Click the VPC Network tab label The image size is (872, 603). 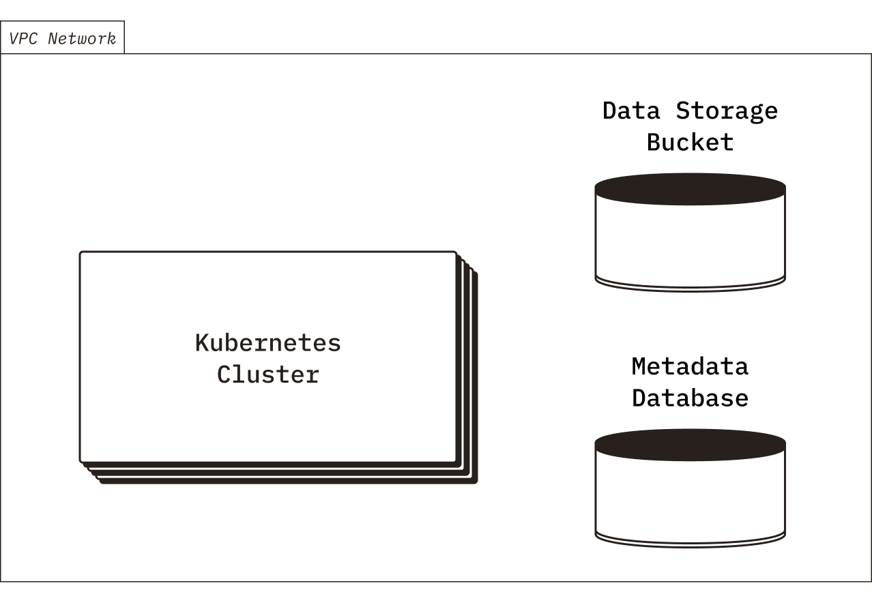click(x=62, y=38)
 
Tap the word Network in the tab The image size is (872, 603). click(x=82, y=38)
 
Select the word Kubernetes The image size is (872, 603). click(x=267, y=342)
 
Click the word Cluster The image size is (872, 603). click(x=267, y=374)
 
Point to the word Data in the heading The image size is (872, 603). click(x=631, y=111)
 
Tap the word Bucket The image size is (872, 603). click(x=690, y=143)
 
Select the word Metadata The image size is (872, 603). click(x=690, y=366)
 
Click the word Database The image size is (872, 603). click(x=690, y=398)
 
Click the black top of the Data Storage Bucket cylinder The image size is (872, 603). click(x=690, y=189)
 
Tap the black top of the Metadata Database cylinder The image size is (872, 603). click(x=690, y=445)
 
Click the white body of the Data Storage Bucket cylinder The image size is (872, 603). click(x=690, y=239)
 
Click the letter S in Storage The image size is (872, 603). click(x=684, y=111)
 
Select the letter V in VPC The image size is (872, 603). click(x=14, y=38)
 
